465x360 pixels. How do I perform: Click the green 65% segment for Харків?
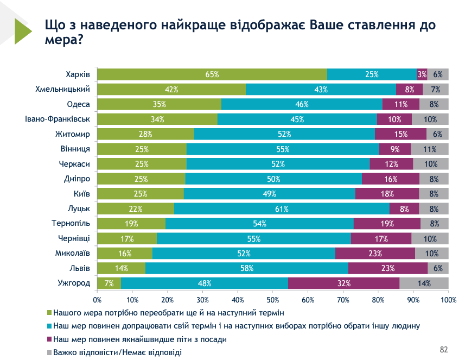click(x=212, y=74)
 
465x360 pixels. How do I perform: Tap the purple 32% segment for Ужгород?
click(x=343, y=283)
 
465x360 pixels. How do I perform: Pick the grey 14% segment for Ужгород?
click(x=424, y=283)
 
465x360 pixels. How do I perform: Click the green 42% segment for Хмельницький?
click(x=171, y=90)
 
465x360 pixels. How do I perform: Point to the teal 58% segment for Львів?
click(x=247, y=268)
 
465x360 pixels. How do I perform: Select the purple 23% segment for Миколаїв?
click(x=375, y=253)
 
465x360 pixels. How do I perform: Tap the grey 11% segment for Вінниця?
click(x=430, y=149)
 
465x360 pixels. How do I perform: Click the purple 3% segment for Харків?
click(x=422, y=74)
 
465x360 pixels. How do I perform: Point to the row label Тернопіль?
click(x=70, y=223)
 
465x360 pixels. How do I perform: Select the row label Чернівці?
click(x=73, y=238)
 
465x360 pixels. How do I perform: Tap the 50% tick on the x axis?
click(x=273, y=299)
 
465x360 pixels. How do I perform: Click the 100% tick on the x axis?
click(x=448, y=299)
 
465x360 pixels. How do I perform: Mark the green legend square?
click(x=49, y=313)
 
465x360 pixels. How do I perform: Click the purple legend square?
click(x=49, y=339)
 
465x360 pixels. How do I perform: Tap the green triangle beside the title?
click(x=23, y=31)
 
